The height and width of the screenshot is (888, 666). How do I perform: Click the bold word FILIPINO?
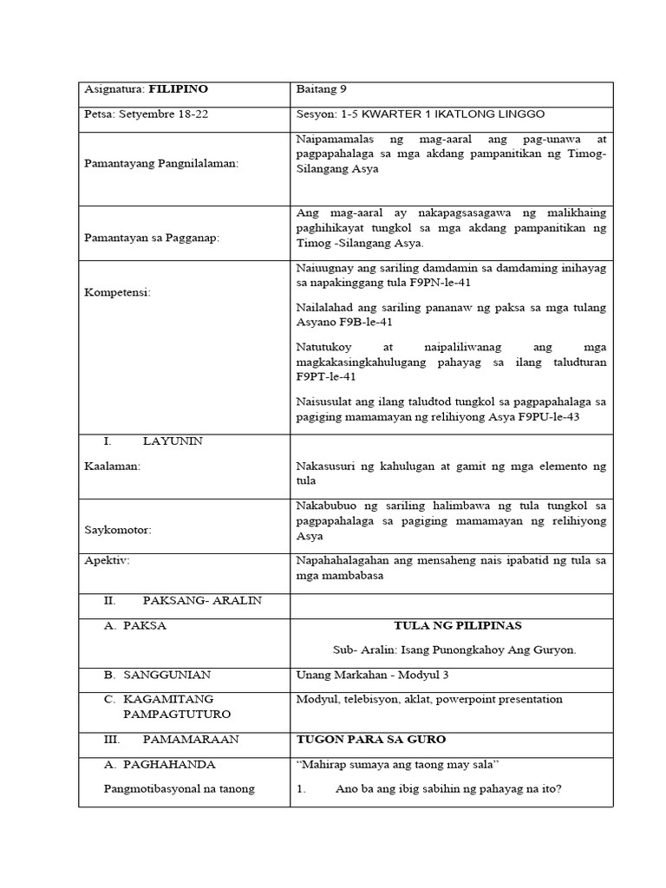[179, 89]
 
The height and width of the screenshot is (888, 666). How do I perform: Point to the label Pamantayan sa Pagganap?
[153, 239]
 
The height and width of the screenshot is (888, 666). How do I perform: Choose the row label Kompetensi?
[117, 292]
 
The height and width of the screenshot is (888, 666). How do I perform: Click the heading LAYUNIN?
[173, 441]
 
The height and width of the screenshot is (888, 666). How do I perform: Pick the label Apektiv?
[107, 560]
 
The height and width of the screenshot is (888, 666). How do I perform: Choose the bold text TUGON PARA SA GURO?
[370, 739]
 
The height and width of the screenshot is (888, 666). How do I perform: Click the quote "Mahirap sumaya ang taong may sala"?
[402, 764]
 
